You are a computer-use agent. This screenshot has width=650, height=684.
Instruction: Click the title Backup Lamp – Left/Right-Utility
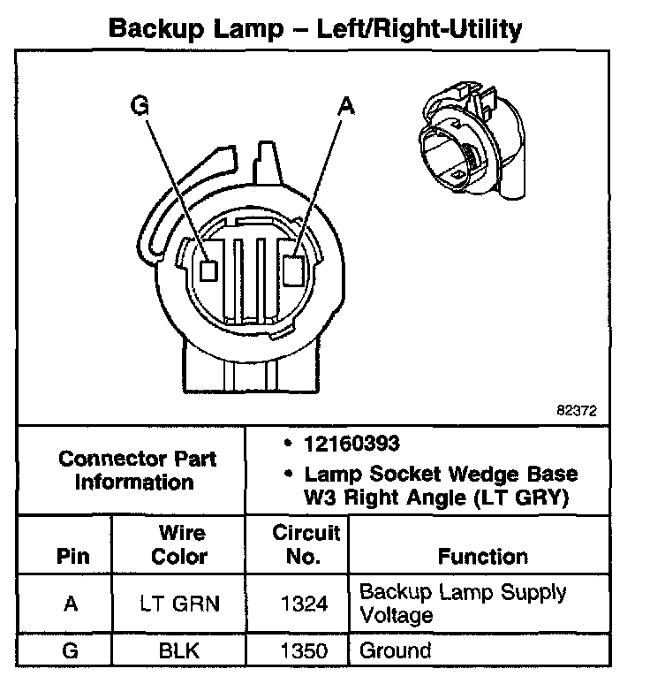(x=314, y=28)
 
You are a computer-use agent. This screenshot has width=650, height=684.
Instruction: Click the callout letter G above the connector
(x=140, y=106)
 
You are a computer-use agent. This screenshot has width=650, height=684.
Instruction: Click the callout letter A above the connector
(x=346, y=106)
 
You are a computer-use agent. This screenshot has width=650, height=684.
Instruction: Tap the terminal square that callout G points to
(x=208, y=270)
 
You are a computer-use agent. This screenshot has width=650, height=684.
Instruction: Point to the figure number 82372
(x=578, y=411)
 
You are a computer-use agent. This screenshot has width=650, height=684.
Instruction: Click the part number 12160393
(x=350, y=443)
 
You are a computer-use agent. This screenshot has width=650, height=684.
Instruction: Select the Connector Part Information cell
(x=137, y=470)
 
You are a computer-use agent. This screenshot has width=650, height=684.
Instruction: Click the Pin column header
(x=72, y=557)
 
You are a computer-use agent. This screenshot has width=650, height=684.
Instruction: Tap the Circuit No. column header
(x=306, y=545)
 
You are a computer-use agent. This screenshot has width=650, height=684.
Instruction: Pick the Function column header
(x=482, y=557)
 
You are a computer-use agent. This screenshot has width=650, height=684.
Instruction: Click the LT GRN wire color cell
(x=179, y=604)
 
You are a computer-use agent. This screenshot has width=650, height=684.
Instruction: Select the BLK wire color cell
(x=179, y=651)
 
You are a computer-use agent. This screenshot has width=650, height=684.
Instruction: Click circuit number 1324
(x=306, y=604)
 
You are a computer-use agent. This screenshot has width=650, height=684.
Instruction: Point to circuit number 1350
(x=306, y=651)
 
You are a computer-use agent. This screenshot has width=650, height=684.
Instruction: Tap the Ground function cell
(x=396, y=651)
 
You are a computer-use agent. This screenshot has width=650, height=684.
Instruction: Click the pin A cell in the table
(x=72, y=604)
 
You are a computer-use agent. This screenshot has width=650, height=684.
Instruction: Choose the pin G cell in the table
(x=72, y=651)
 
